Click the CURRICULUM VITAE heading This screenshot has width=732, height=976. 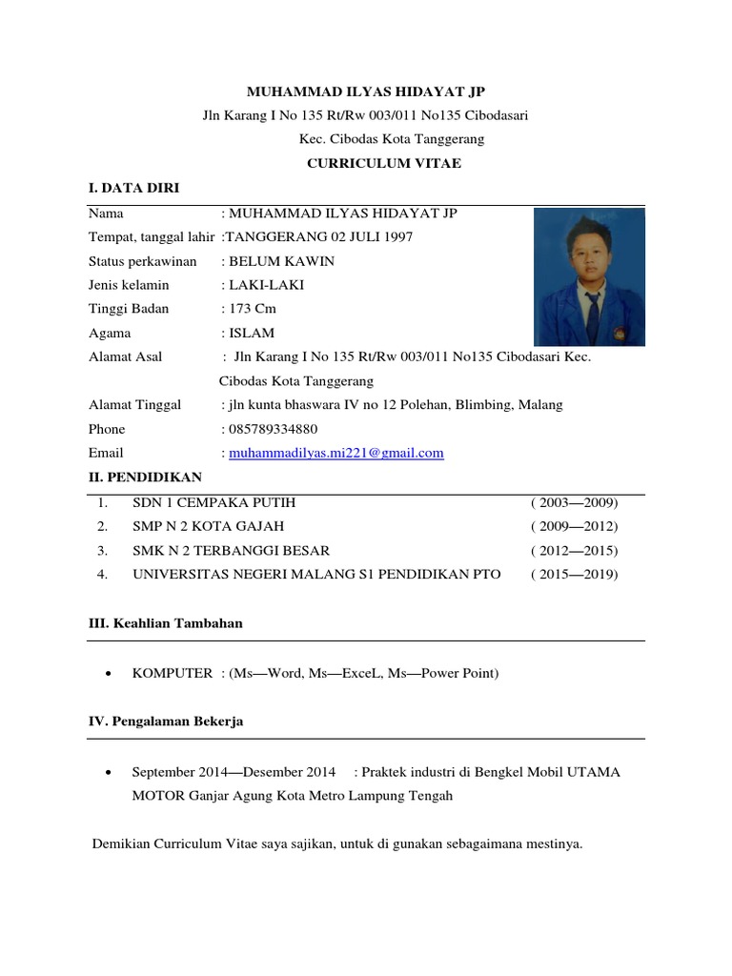pos(370,163)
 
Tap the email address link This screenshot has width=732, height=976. pos(336,453)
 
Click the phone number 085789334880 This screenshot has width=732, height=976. pos(273,429)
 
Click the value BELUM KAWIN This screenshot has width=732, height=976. pos(281,261)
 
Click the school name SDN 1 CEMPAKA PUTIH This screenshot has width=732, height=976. pos(220,502)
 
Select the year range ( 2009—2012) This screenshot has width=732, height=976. pos(574,526)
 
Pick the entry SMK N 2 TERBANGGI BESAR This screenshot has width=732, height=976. pos(232,550)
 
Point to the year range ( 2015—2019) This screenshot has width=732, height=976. pos(574,574)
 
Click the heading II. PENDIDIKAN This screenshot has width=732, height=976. pos(145,477)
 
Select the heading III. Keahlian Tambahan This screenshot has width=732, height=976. pos(166,623)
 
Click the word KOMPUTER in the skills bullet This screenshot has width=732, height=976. pos(172,673)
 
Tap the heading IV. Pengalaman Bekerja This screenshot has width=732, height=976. pos(166,722)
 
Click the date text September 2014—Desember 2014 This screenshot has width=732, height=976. pos(234,772)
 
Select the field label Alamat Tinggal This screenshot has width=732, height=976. pos(134,405)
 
